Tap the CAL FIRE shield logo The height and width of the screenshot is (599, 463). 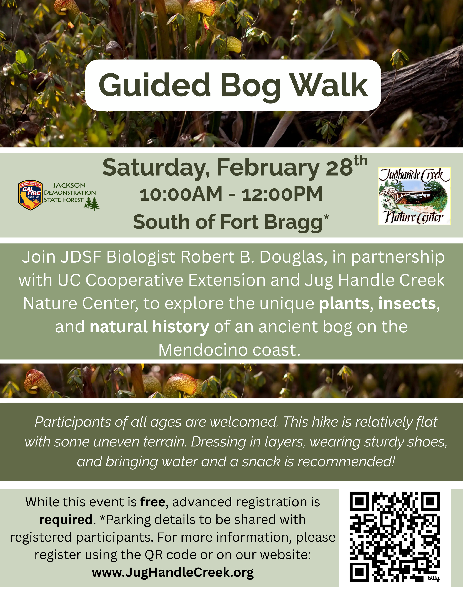click(x=30, y=195)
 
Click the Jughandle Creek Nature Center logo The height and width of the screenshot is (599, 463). click(x=414, y=196)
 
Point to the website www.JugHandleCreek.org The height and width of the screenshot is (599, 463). click(x=173, y=572)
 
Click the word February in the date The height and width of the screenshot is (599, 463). click(x=268, y=168)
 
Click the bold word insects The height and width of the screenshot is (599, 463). click(x=407, y=304)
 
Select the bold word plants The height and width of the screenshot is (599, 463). click(x=344, y=304)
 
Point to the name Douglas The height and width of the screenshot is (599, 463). click(x=293, y=257)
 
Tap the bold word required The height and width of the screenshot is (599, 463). click(x=66, y=520)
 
